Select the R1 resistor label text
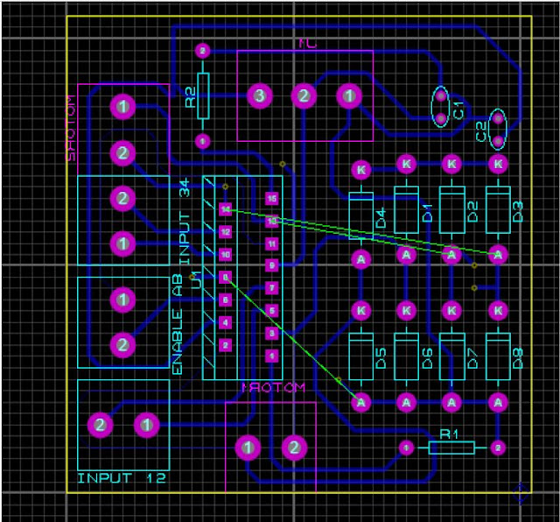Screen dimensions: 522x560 tap(450, 434)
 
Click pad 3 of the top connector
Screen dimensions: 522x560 tap(259, 96)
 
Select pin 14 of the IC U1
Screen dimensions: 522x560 tap(226, 209)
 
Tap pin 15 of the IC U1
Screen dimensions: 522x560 tap(272, 199)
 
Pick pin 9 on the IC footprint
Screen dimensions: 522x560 tap(272, 265)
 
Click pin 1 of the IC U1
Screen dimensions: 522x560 tap(272, 356)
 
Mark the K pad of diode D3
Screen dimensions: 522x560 tap(498, 164)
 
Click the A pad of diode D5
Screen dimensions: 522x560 tap(360, 402)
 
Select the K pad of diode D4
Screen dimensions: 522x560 tap(360, 169)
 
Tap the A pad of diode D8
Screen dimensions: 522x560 tap(498, 402)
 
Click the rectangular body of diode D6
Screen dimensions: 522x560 tap(406, 355)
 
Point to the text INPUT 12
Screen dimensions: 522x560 tap(121, 479)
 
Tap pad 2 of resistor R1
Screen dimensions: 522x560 tap(498, 448)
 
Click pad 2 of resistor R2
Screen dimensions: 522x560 tap(202, 52)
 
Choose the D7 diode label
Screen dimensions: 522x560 tap(472, 357)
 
